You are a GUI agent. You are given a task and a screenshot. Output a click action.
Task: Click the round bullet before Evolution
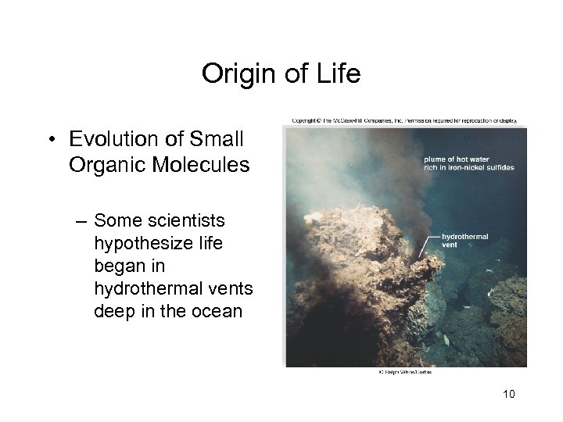click(51, 141)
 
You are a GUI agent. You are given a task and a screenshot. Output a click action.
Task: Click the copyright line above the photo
click(404, 121)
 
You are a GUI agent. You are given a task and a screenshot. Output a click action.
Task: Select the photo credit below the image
click(401, 372)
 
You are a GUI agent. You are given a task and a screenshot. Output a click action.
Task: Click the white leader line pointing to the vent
click(429, 245)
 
